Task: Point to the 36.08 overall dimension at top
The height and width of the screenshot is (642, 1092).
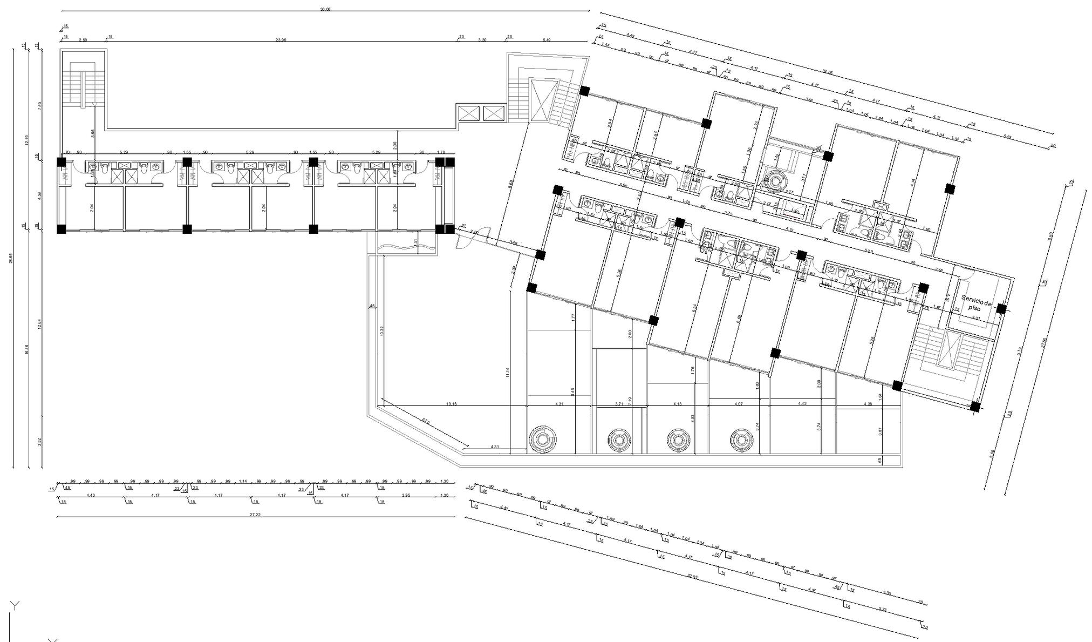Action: pos(325,9)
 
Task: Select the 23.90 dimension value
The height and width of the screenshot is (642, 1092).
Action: pos(281,39)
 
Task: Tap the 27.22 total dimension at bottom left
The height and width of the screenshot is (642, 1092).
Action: pos(255,515)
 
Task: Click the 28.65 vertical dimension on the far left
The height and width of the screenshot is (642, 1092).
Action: pos(11,258)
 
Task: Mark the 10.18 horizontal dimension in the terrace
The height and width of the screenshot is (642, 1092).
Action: pos(452,403)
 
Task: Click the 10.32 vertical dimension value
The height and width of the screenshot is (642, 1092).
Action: pos(382,331)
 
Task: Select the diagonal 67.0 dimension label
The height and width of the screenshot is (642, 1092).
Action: pos(426,421)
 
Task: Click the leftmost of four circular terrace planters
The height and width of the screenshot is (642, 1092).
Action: pos(541,440)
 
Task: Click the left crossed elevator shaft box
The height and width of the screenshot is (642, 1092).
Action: pos(468,113)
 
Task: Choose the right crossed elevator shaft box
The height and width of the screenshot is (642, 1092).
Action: pos(493,113)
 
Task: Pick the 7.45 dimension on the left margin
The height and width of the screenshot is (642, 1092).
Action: pos(39,106)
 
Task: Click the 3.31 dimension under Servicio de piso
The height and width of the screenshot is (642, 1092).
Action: pos(975,319)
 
